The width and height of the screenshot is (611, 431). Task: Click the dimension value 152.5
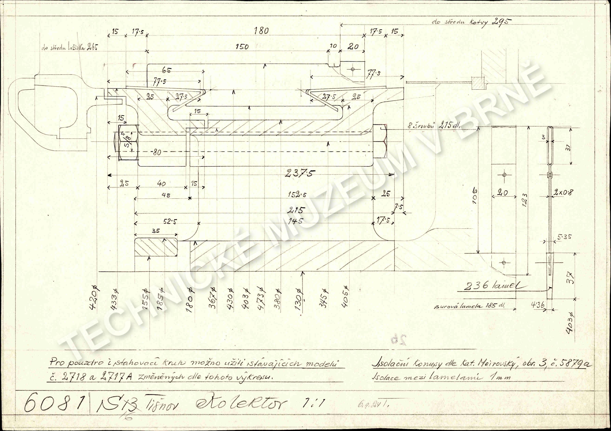[x=297, y=195]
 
